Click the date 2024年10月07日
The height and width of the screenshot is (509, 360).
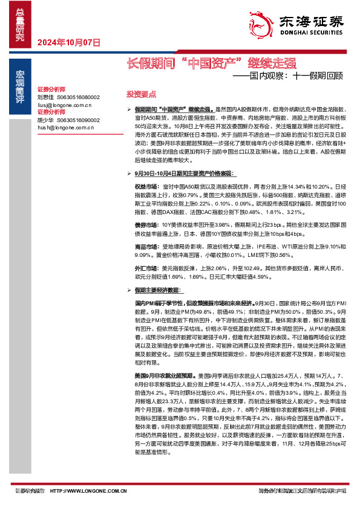click(x=68, y=42)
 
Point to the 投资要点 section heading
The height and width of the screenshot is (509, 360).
click(x=140, y=94)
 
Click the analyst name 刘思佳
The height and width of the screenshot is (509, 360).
click(x=45, y=97)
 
